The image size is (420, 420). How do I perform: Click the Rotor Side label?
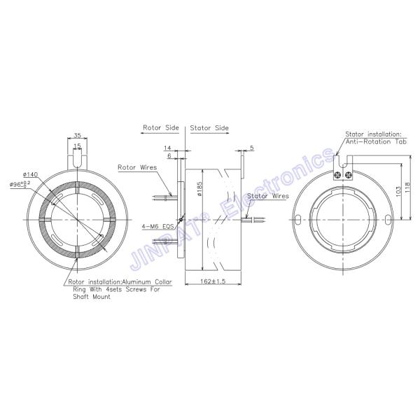pyautogui.click(x=161, y=129)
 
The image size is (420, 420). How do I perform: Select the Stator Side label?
pyautogui.click(x=209, y=129)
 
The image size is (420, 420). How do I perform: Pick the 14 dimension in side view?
pyautogui.click(x=167, y=148)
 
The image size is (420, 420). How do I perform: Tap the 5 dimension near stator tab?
pyautogui.click(x=251, y=148)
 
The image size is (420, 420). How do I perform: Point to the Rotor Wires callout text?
pyautogui.click(x=136, y=168)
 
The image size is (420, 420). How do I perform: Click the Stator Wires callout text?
pyautogui.click(x=267, y=197)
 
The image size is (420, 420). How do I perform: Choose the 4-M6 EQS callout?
pyautogui.click(x=157, y=227)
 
